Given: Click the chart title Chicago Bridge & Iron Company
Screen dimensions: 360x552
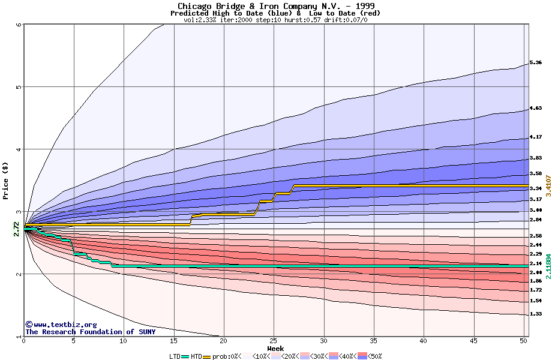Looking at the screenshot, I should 275,6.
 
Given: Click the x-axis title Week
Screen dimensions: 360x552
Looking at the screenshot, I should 275,349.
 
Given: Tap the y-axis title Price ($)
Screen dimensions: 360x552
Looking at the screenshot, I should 5,180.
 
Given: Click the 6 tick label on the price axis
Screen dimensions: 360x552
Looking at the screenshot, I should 18,25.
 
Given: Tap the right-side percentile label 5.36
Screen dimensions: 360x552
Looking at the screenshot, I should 535,62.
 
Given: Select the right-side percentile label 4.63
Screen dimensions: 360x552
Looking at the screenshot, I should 535,109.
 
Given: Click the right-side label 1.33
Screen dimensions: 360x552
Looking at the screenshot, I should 535,314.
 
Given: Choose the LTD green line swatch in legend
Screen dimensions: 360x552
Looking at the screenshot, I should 185,356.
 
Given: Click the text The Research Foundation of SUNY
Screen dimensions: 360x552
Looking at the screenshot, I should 90,332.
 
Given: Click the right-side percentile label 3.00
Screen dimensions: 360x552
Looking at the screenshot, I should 535,210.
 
